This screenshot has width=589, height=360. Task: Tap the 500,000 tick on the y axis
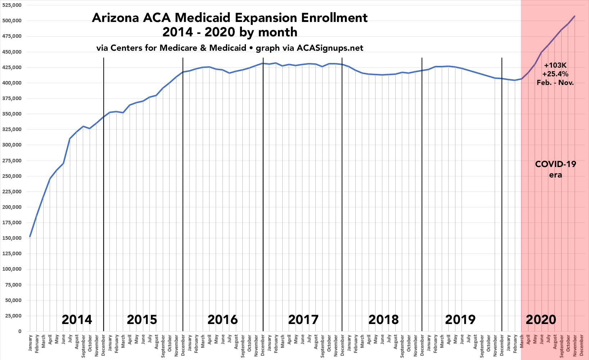[12, 21]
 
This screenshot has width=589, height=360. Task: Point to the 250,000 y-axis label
[12, 176]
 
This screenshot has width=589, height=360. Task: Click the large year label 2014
[77, 319]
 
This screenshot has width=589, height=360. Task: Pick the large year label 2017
[303, 319]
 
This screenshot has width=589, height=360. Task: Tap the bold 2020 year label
[541, 319]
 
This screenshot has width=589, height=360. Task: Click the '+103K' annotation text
[556, 66]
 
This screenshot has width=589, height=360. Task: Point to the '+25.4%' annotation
[556, 74]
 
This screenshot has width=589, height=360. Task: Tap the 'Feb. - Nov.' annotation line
[556, 83]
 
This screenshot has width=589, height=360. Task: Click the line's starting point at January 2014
[30, 237]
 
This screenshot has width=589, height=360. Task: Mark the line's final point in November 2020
[575, 16]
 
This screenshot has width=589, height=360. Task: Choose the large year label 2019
[460, 319]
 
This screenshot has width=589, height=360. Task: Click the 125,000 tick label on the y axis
[12, 254]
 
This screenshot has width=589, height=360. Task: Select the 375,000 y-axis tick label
[12, 99]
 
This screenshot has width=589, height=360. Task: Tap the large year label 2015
[142, 319]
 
